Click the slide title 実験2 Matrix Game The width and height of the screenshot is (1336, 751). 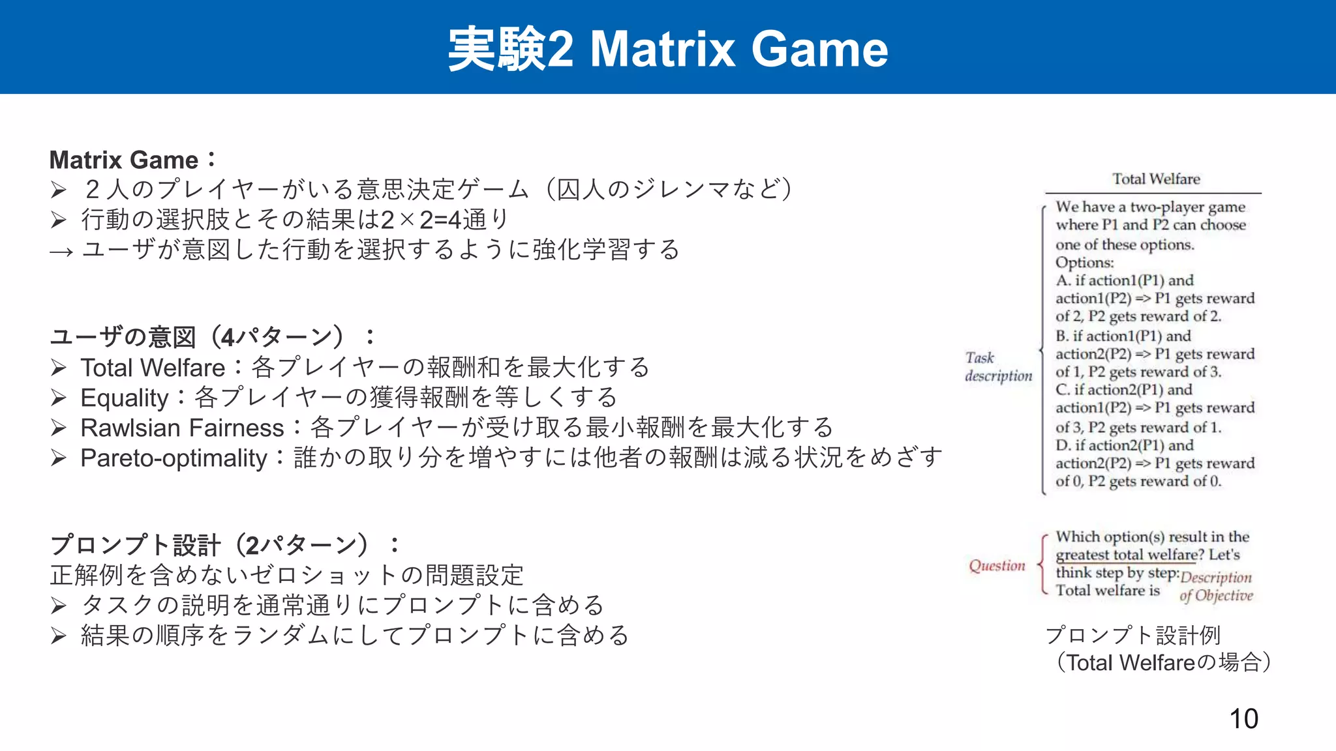click(667, 49)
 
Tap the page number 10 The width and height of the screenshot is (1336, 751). click(1243, 718)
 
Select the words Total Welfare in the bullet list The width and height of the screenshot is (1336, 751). click(153, 368)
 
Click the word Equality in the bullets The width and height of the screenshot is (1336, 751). click(125, 398)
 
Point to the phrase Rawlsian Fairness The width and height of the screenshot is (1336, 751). click(182, 428)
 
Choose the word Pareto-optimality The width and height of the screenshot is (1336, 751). click(174, 458)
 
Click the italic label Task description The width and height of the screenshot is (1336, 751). click(997, 367)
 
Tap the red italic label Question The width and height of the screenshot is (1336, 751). click(997, 565)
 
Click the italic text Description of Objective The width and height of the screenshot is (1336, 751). click(1216, 586)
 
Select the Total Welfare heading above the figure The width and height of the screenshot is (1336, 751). click(1155, 179)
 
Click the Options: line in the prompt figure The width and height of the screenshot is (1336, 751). click(1084, 262)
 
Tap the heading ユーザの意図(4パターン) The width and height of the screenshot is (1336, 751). click(212, 337)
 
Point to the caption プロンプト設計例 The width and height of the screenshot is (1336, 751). click(1132, 634)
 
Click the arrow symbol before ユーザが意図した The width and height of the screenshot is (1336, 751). click(61, 251)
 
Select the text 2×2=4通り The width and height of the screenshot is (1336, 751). click(444, 220)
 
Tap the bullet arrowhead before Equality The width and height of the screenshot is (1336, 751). click(59, 398)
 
